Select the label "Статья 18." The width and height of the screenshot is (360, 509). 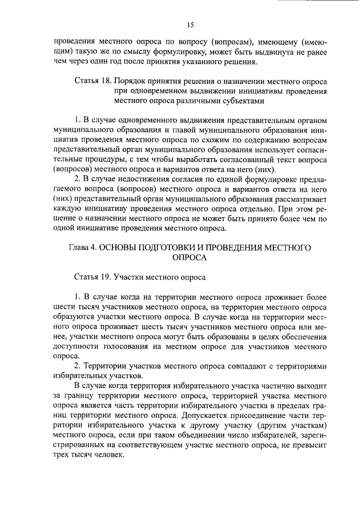click(x=92, y=81)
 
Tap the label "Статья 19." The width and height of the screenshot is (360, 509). click(x=92, y=276)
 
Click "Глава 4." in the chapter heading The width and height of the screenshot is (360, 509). click(x=84, y=247)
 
